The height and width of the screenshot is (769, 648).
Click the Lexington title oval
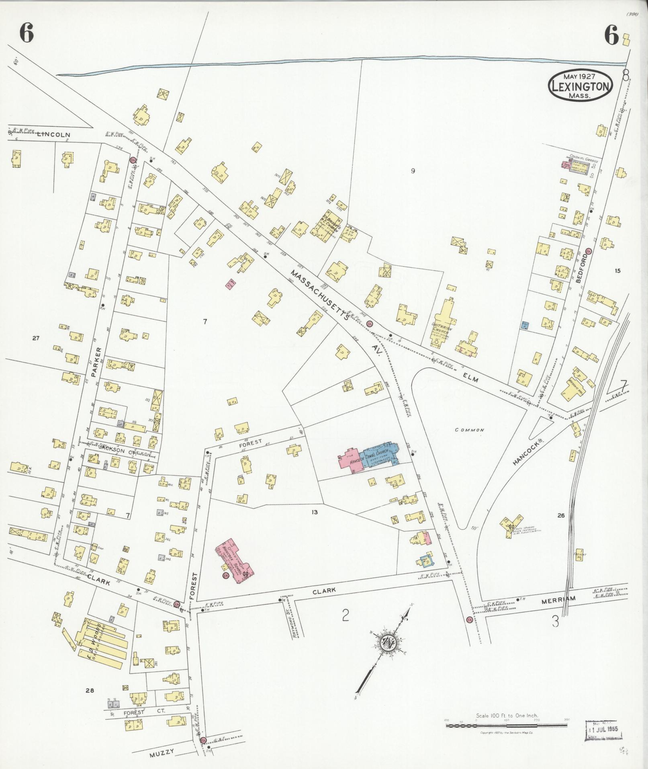(581, 85)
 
